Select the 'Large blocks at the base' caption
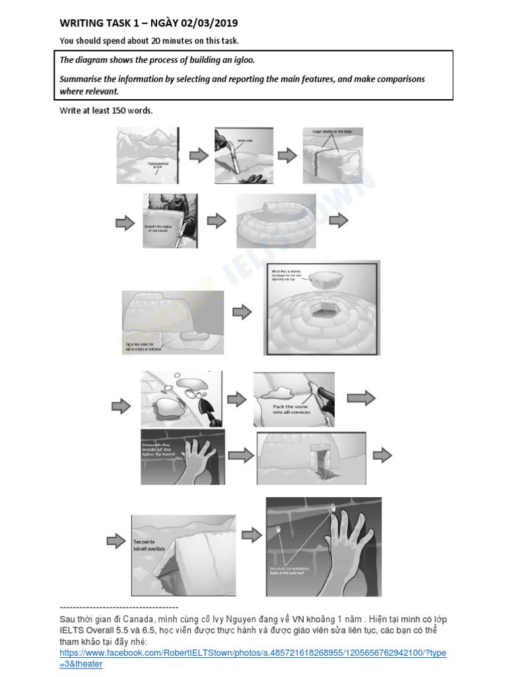click(x=332, y=132)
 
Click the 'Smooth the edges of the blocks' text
click(x=157, y=228)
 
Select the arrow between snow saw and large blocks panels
click(x=287, y=155)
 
